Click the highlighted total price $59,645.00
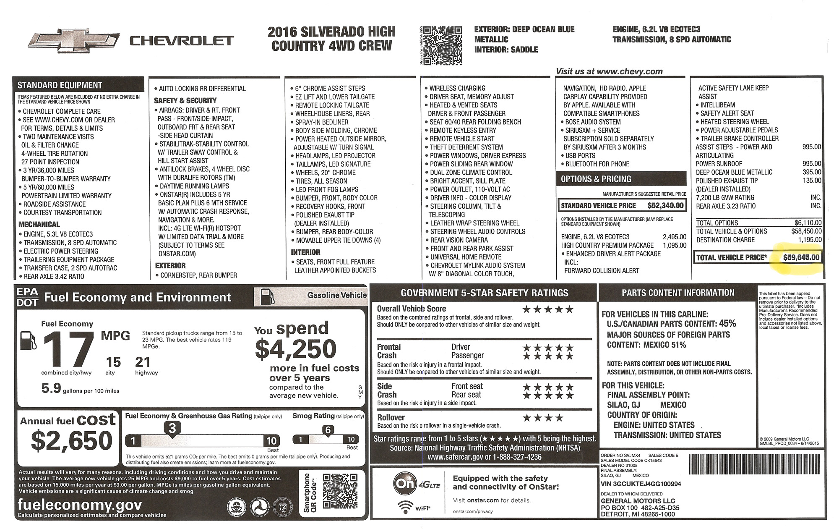[x=801, y=257]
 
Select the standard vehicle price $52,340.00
[x=665, y=206]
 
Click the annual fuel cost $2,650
[x=72, y=440]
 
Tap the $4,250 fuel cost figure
[x=296, y=349]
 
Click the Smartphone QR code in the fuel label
[x=340, y=493]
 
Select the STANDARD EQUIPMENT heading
[x=60, y=85]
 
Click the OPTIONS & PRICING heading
[x=596, y=179]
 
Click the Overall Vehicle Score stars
[x=547, y=310]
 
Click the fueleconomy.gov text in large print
[x=80, y=504]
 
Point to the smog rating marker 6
[x=328, y=429]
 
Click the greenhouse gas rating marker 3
[x=172, y=428]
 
